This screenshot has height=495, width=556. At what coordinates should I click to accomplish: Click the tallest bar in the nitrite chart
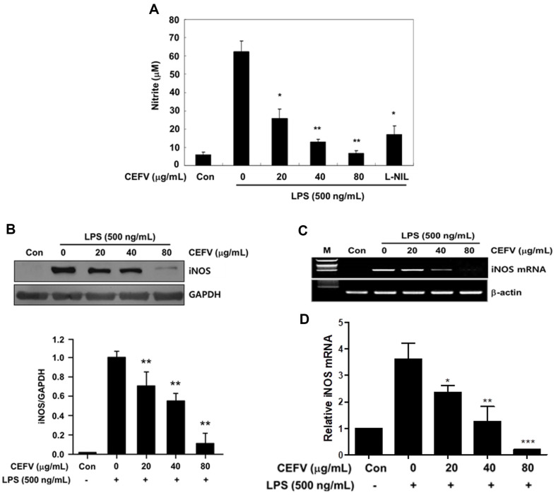click(x=241, y=108)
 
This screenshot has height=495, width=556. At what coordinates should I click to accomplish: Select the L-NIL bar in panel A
click(x=394, y=150)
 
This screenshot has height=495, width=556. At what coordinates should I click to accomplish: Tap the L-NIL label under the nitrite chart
click(x=396, y=177)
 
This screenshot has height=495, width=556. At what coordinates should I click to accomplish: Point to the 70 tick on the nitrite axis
click(x=174, y=37)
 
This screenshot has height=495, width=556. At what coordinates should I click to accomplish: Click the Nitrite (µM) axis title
click(x=155, y=85)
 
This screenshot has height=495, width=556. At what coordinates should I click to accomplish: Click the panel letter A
click(x=154, y=9)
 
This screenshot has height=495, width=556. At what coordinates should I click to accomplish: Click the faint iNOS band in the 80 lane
click(x=166, y=269)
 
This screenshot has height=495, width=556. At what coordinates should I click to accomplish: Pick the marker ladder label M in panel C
click(x=327, y=251)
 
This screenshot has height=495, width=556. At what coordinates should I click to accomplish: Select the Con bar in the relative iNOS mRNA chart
click(x=368, y=441)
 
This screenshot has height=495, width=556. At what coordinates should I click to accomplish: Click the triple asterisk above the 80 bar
click(x=528, y=442)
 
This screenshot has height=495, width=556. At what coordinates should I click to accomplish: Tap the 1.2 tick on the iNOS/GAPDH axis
click(x=59, y=340)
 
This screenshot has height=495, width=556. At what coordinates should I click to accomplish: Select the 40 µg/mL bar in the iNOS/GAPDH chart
click(x=175, y=428)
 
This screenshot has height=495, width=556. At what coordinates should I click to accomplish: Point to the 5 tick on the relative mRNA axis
click(x=341, y=323)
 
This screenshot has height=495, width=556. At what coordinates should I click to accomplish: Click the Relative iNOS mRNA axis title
click(x=329, y=388)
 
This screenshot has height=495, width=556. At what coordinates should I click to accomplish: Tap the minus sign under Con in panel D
click(x=375, y=485)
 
